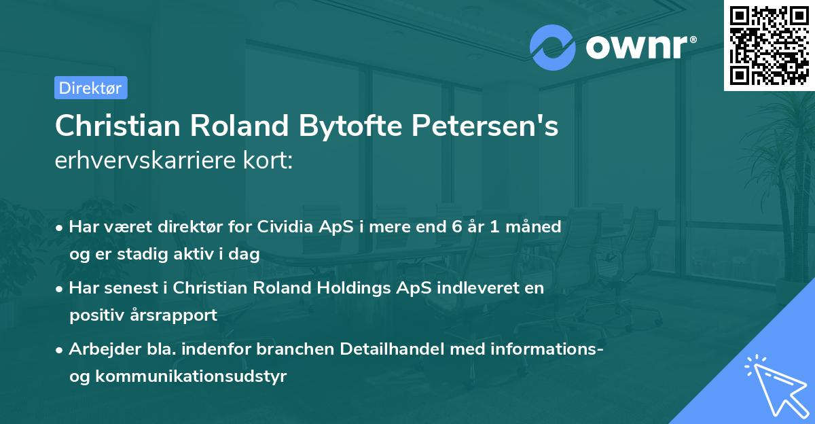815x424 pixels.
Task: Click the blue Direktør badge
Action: (x=90, y=88)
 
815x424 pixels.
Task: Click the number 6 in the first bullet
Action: (x=448, y=227)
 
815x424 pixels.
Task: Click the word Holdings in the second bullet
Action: (x=355, y=288)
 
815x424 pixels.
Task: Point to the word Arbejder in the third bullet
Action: (x=99, y=349)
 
